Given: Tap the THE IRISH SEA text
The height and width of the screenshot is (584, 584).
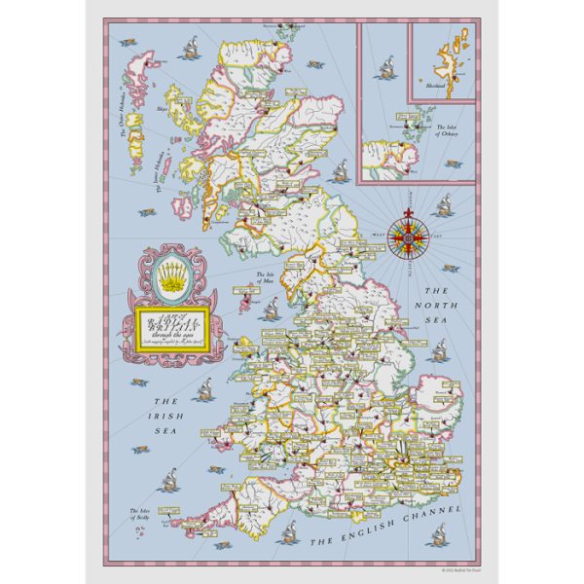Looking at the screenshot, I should coord(166,413).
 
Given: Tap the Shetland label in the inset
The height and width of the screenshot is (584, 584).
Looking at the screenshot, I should coord(435,87).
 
